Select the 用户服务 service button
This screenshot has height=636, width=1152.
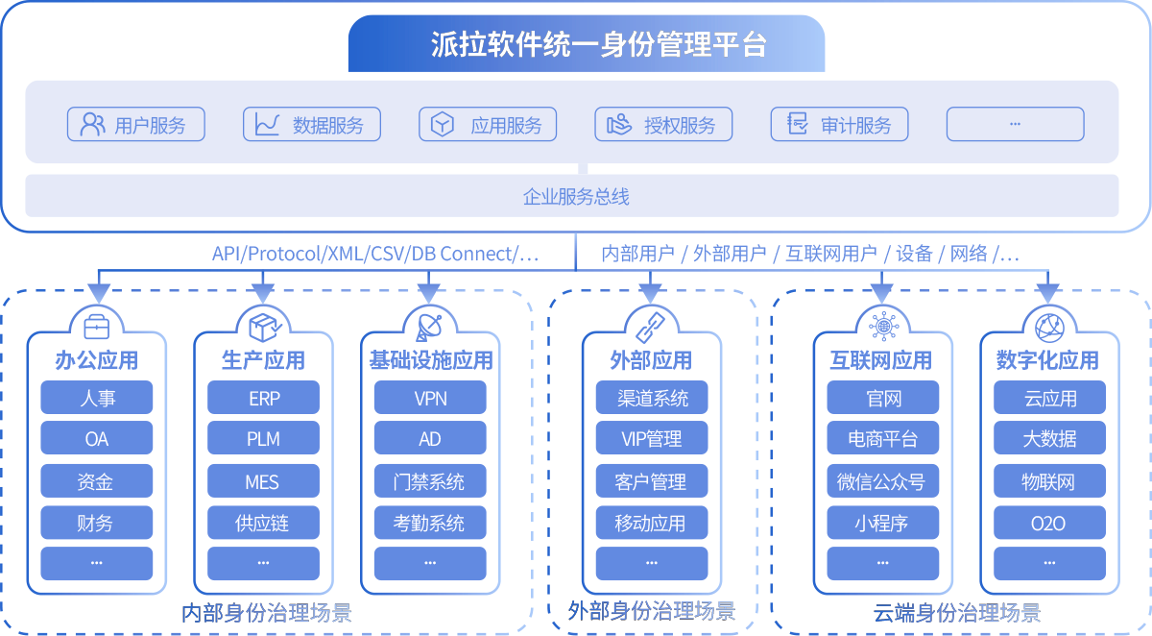pyautogui.click(x=135, y=125)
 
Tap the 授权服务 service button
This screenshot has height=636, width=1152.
pyautogui.click(x=663, y=125)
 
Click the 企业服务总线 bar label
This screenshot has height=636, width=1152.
pyautogui.click(x=575, y=197)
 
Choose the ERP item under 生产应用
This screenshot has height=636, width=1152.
pyautogui.click(x=263, y=398)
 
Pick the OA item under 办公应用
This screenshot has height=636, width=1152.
pyautogui.click(x=96, y=439)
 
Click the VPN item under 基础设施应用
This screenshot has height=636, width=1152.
pyautogui.click(x=430, y=398)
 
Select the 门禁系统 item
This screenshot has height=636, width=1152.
pyautogui.click(x=430, y=481)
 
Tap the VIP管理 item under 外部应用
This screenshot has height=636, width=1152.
pyautogui.click(x=652, y=439)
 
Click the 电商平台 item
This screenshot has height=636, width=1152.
pyautogui.click(x=882, y=439)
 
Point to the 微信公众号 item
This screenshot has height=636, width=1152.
pyautogui.click(x=882, y=481)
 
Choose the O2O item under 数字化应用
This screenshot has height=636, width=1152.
pyautogui.click(x=1048, y=524)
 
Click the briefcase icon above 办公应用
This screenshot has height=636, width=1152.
pyautogui.click(x=96, y=327)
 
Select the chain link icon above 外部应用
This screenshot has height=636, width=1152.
pyautogui.click(x=652, y=326)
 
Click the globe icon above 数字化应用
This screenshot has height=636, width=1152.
pyautogui.click(x=1048, y=326)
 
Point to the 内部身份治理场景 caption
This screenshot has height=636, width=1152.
pyautogui.click(x=267, y=613)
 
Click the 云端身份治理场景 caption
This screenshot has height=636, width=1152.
pyautogui.click(x=956, y=613)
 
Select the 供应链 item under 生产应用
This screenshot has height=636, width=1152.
pyautogui.click(x=263, y=524)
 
